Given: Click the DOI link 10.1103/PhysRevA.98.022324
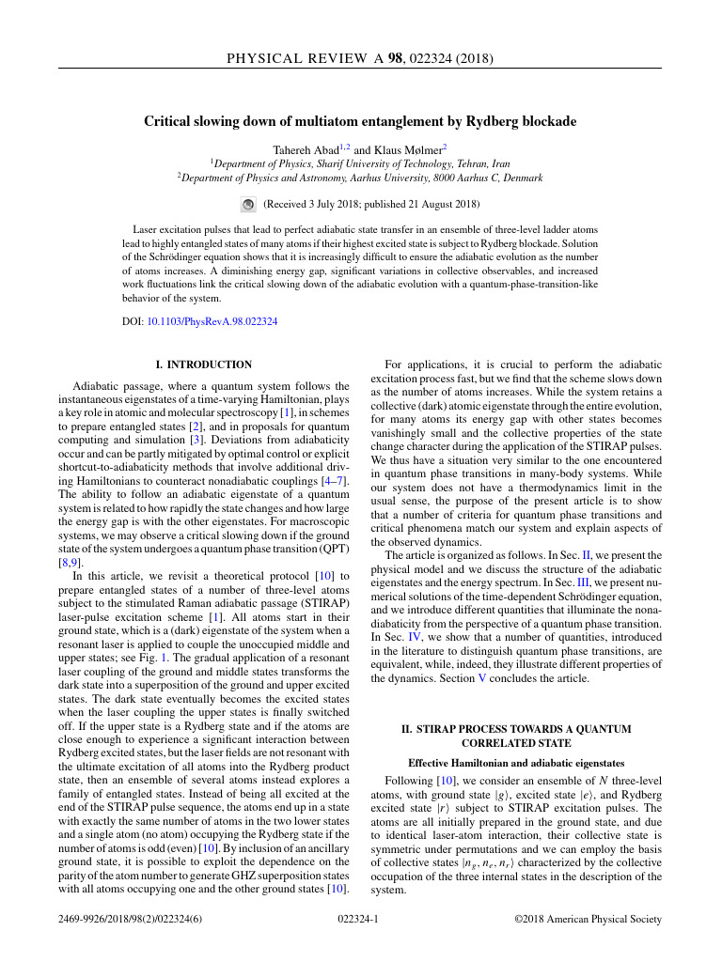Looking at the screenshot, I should (212, 321).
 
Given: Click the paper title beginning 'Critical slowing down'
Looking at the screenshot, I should (360, 122).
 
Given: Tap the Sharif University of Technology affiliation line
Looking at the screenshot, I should (361, 163).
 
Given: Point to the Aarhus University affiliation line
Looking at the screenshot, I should (361, 177).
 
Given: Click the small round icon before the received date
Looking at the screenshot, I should (248, 203).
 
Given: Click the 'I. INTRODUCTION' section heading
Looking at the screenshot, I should (204, 365).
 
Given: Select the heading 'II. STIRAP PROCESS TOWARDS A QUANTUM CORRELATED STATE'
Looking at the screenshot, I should (524, 736).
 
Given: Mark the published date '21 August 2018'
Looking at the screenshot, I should (441, 203).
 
